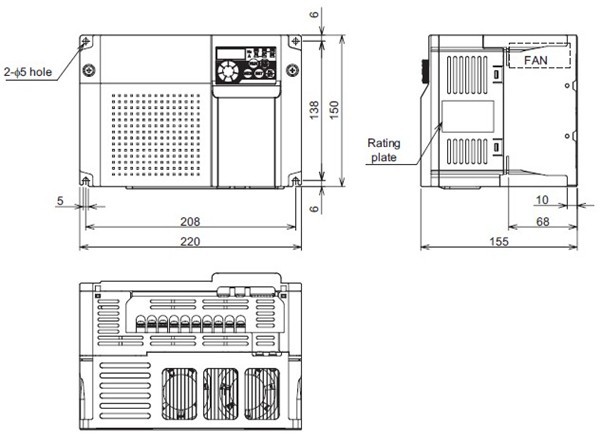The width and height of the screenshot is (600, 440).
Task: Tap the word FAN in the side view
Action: coord(538,60)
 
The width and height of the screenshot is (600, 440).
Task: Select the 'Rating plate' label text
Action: coord(384,150)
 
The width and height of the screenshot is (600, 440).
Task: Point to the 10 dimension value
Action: coord(541,200)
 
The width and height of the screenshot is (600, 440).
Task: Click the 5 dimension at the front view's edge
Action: coord(60,200)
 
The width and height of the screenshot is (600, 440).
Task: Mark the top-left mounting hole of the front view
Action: coord(86,42)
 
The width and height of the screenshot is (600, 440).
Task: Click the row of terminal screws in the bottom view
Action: coord(190,323)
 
